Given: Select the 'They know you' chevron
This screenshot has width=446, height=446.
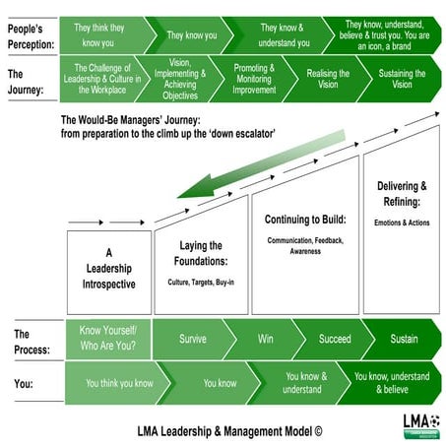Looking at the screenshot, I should (192, 34).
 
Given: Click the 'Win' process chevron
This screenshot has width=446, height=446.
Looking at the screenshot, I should (265, 339).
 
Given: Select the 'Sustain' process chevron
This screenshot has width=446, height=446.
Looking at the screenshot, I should (404, 339).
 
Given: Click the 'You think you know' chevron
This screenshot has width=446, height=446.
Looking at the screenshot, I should (118, 382).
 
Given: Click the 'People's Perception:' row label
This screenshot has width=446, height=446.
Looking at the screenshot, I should (30, 34).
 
